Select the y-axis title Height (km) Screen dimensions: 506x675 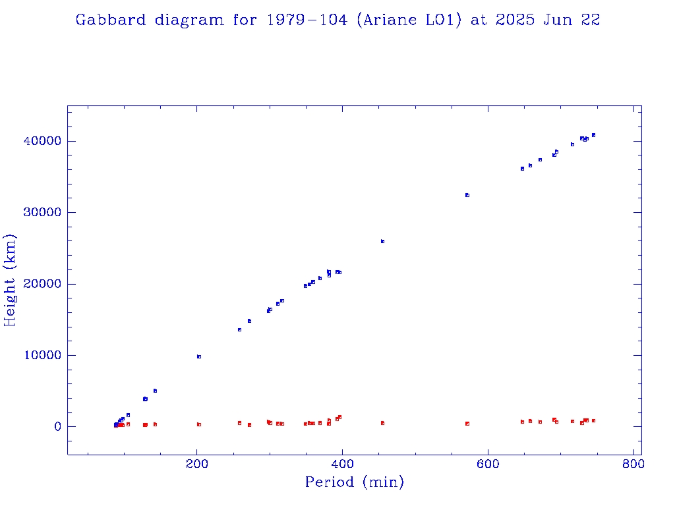[x=11, y=280]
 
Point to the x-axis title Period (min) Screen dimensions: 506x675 [x=354, y=482]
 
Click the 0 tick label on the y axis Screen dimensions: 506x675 [x=57, y=427]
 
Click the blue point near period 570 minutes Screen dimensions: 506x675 [x=467, y=195]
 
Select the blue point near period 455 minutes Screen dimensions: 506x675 [x=382, y=241]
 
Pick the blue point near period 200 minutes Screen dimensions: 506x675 [x=199, y=356]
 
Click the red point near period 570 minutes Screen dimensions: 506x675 [x=467, y=424]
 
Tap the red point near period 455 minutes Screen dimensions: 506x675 [x=382, y=423]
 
